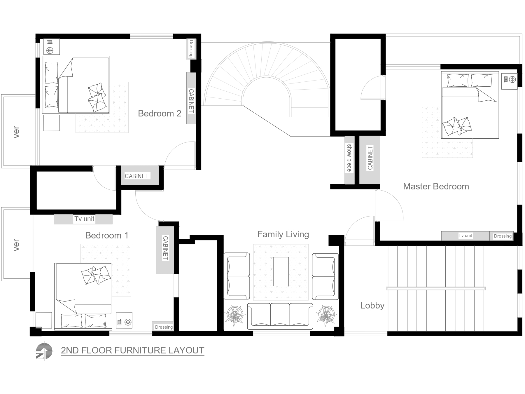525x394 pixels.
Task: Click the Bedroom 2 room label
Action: pos(160,113)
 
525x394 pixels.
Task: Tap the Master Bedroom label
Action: pos(436,186)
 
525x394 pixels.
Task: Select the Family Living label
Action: pos(283,234)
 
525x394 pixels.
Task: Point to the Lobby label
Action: pos(372,306)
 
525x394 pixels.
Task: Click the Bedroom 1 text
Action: pos(107,235)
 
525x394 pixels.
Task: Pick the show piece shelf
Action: pos(349,160)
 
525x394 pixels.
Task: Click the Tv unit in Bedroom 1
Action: pos(83,219)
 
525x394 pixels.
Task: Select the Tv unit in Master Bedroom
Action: pos(465,236)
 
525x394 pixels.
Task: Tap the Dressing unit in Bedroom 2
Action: pos(191,49)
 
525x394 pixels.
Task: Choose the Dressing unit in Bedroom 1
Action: pos(164,327)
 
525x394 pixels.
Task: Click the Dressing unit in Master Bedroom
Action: pos(502,236)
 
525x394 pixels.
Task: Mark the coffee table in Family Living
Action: pos(281,271)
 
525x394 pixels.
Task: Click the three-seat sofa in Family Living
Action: pos(280,316)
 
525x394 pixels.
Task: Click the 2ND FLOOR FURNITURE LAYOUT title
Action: pos(132,350)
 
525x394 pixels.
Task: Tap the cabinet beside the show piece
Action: pos(370,160)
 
